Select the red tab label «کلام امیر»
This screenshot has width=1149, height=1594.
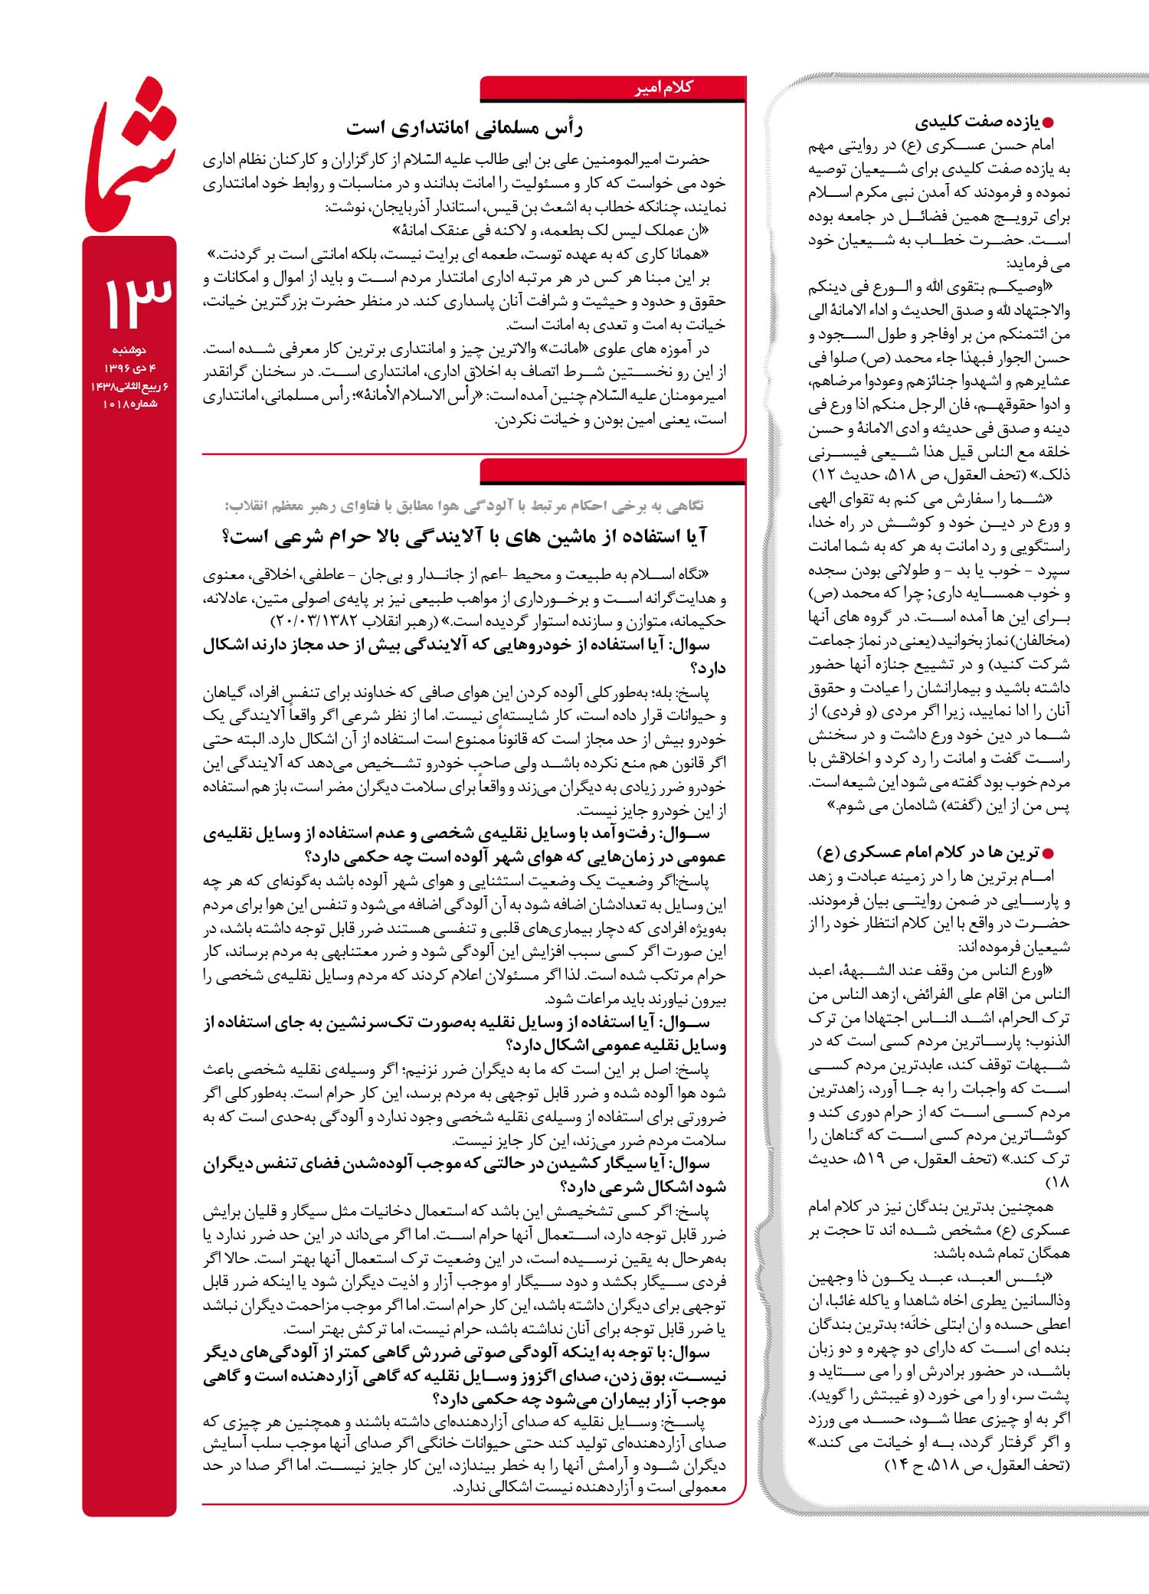pos(663,88)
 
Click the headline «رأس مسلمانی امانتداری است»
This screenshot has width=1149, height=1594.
pos(463,128)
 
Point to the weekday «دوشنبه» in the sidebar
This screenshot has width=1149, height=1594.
pos(129,350)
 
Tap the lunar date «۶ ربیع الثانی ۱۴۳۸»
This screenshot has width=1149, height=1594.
pos(129,386)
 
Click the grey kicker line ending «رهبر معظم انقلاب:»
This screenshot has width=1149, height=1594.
pos(463,506)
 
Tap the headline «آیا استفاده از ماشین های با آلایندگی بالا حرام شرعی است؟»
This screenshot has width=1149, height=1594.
pos(463,537)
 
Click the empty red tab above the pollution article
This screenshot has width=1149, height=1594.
pos(613,471)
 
